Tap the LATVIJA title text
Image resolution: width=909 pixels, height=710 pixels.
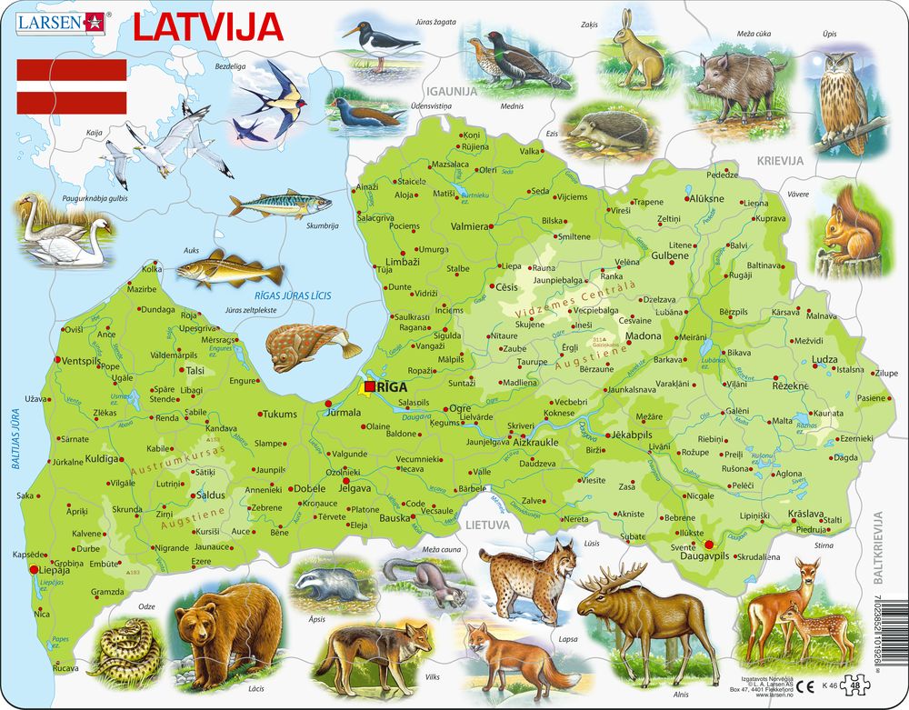[208, 26]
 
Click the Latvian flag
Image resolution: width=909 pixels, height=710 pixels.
[72, 85]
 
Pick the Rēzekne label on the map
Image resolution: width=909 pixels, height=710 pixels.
[790, 386]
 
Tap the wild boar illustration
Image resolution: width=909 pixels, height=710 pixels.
[736, 86]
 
